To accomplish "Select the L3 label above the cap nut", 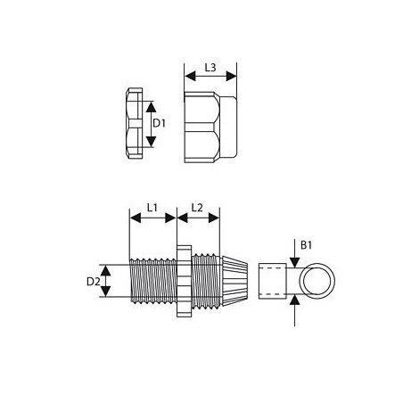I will pos(210,68).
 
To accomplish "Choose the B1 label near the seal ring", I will pos(306,243).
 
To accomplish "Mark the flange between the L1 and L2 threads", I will pos(183,283).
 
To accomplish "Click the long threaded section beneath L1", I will pos(152,283).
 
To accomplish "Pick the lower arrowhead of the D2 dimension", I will pos(105,295).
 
